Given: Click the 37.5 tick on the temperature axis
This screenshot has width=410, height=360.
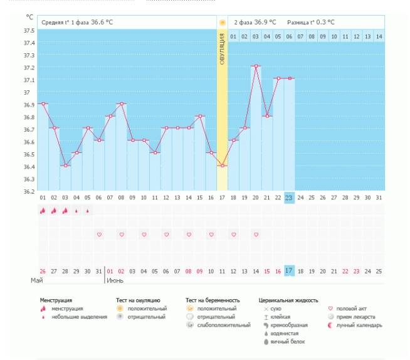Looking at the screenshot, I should [29, 31].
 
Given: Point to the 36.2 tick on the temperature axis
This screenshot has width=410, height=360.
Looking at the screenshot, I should [29, 191].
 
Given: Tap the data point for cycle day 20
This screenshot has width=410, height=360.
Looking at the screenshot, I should [256, 66].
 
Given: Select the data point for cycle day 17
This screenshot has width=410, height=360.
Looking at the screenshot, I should [222, 166].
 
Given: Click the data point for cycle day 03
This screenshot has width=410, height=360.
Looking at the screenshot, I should [65, 166].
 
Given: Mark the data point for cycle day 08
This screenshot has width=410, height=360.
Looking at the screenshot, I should [122, 103].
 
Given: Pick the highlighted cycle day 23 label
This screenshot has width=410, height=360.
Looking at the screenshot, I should [289, 198].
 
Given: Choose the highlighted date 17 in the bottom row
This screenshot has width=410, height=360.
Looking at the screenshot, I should [289, 270].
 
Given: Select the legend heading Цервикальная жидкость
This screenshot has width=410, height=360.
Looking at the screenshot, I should [288, 300].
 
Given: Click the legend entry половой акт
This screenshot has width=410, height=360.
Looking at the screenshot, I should [350, 309].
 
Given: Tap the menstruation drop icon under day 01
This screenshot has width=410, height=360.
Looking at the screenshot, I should [43, 211].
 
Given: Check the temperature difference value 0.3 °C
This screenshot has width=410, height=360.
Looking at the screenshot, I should [325, 22].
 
